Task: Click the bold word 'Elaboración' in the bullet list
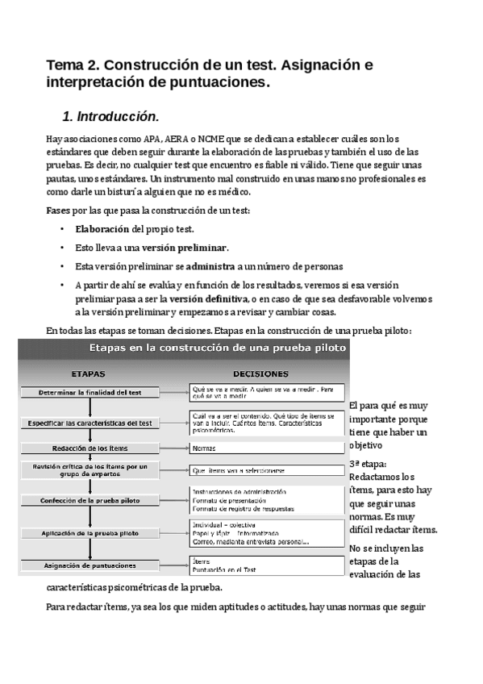pyautogui.click(x=102, y=229)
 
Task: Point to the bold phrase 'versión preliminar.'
pyautogui.click(x=185, y=248)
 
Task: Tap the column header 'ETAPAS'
pyautogui.click(x=88, y=374)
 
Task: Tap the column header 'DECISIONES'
pyautogui.click(x=260, y=374)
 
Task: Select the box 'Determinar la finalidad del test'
pyautogui.click(x=90, y=393)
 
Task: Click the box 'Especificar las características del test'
pyautogui.click(x=90, y=423)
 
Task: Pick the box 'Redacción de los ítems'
pyautogui.click(x=90, y=448)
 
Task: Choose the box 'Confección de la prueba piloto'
pyautogui.click(x=90, y=500)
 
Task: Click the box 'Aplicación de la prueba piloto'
pyautogui.click(x=90, y=533)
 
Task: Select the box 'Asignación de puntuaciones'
pyautogui.click(x=90, y=565)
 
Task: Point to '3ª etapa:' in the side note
pyautogui.click(x=368, y=465)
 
